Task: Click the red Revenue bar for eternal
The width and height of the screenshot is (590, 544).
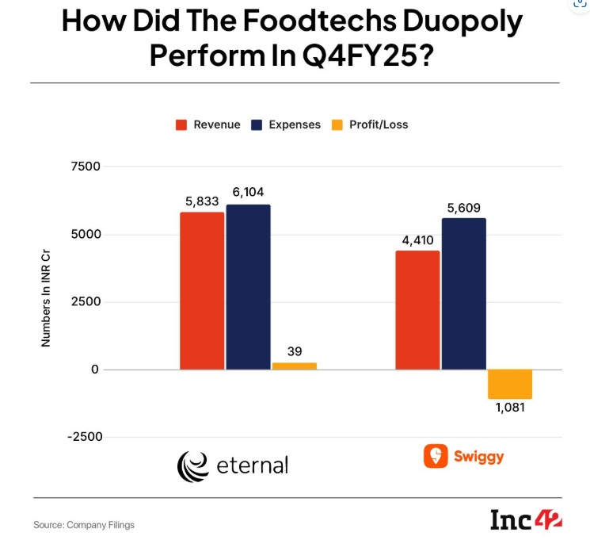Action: tap(202, 291)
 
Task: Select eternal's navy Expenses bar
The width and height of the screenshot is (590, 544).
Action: tap(249, 287)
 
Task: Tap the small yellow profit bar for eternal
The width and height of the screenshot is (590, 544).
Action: tap(295, 366)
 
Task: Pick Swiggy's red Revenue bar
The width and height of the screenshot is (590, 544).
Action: tap(417, 310)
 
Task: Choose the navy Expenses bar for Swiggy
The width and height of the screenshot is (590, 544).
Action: tap(464, 294)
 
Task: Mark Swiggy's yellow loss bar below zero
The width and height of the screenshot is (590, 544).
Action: tap(510, 384)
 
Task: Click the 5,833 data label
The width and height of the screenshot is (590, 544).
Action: tap(202, 201)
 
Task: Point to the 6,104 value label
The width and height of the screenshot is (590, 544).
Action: tap(249, 192)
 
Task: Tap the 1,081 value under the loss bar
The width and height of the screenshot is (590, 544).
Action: tap(510, 408)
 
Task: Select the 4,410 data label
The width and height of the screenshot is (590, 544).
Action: tap(417, 240)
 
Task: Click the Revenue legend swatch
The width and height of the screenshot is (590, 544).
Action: tap(181, 125)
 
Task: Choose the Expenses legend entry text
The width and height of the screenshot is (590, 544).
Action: tap(295, 125)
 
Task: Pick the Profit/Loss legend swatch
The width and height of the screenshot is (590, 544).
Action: tap(337, 125)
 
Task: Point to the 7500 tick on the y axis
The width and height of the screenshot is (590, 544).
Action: tap(86, 167)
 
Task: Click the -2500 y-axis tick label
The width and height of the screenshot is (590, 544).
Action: tap(85, 437)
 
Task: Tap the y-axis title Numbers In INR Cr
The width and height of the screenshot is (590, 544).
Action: tap(45, 298)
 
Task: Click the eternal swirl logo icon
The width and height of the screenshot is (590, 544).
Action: tap(192, 467)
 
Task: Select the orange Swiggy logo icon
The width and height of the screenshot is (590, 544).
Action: tap(436, 456)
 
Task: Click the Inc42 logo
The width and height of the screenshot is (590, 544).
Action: tap(526, 520)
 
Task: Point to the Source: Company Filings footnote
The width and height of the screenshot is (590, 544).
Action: tap(84, 525)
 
